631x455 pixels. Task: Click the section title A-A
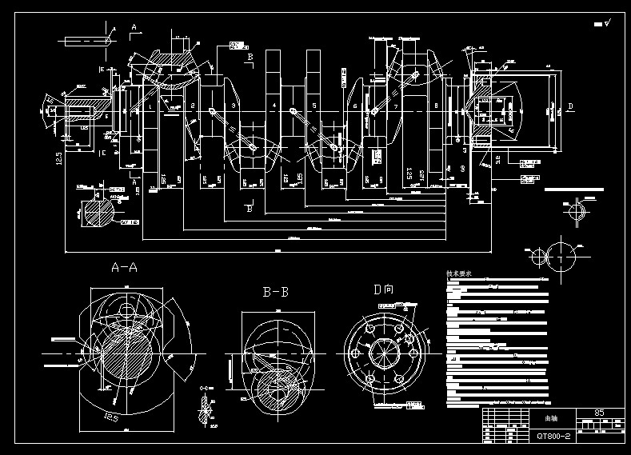click(123, 268)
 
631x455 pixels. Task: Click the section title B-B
click(275, 292)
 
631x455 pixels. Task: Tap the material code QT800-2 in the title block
click(553, 436)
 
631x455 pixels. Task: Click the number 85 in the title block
click(599, 413)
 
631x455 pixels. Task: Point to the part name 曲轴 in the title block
click(552, 418)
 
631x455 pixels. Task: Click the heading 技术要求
click(459, 273)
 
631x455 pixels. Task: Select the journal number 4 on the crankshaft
click(274, 106)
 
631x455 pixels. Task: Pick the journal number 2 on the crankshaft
click(193, 106)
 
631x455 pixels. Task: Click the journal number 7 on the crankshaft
click(396, 106)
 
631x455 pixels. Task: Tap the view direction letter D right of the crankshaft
click(570, 106)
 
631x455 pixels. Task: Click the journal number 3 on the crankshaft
click(233, 106)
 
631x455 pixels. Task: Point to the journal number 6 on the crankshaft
click(355, 106)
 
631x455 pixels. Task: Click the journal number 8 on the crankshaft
click(436, 106)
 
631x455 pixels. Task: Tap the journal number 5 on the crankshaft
click(314, 106)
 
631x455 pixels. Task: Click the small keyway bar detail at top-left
click(89, 38)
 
